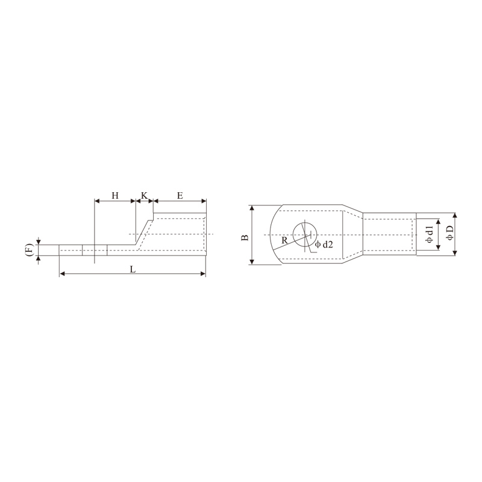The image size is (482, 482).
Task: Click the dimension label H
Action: click(115, 196)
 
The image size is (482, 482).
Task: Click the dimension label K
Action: click(144, 196)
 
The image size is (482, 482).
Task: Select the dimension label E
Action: click(180, 196)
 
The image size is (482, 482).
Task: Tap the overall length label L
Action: click(133, 269)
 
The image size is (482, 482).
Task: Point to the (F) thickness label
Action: click(28, 250)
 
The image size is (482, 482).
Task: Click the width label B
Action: click(245, 236)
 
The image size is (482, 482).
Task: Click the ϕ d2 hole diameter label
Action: click(324, 244)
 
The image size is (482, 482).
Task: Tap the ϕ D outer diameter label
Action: click(449, 234)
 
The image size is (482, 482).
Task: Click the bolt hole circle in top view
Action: click(304, 234)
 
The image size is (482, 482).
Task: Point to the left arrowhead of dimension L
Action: click(62, 274)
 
